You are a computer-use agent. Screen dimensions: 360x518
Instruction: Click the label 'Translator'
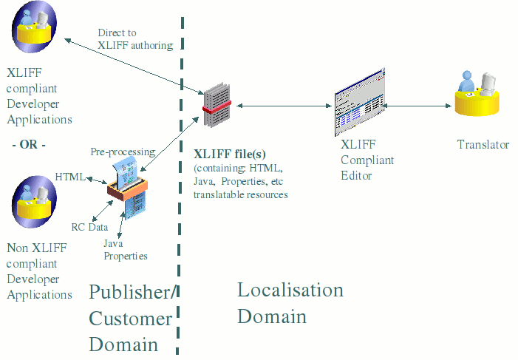(x=483, y=145)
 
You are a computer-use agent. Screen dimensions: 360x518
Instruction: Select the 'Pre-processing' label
(x=123, y=152)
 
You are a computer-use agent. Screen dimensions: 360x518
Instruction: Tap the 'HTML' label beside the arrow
(x=69, y=177)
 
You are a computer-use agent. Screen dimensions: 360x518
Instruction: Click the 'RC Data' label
(x=89, y=227)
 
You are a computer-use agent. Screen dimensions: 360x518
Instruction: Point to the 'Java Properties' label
(x=125, y=250)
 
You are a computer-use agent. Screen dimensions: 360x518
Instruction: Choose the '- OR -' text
(x=29, y=144)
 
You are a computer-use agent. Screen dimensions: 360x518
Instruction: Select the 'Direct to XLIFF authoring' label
(x=134, y=39)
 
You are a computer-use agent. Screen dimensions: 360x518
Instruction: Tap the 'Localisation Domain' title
(x=290, y=303)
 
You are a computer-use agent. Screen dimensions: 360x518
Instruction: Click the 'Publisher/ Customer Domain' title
(x=132, y=318)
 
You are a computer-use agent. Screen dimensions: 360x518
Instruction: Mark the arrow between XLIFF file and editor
(x=284, y=107)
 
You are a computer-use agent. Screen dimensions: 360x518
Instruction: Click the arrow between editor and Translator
(x=418, y=107)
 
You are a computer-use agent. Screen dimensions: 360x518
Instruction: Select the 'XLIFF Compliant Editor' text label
(x=367, y=160)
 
